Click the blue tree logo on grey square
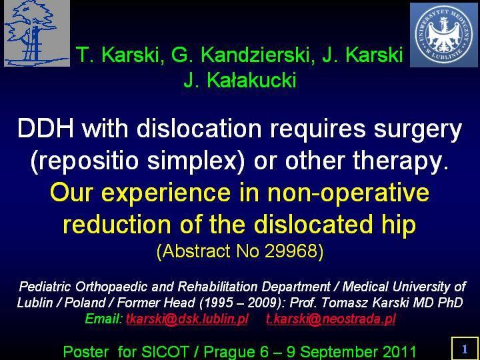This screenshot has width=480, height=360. click(37, 33)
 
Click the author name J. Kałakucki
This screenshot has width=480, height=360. click(240, 80)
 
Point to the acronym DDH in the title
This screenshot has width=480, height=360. click(45, 129)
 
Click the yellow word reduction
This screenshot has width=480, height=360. click(117, 225)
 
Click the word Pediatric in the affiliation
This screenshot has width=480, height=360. click(45, 287)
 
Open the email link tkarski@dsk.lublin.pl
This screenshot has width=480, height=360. click(187, 319)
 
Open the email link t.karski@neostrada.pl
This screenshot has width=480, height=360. click(331, 319)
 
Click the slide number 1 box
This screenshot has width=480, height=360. click(465, 349)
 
